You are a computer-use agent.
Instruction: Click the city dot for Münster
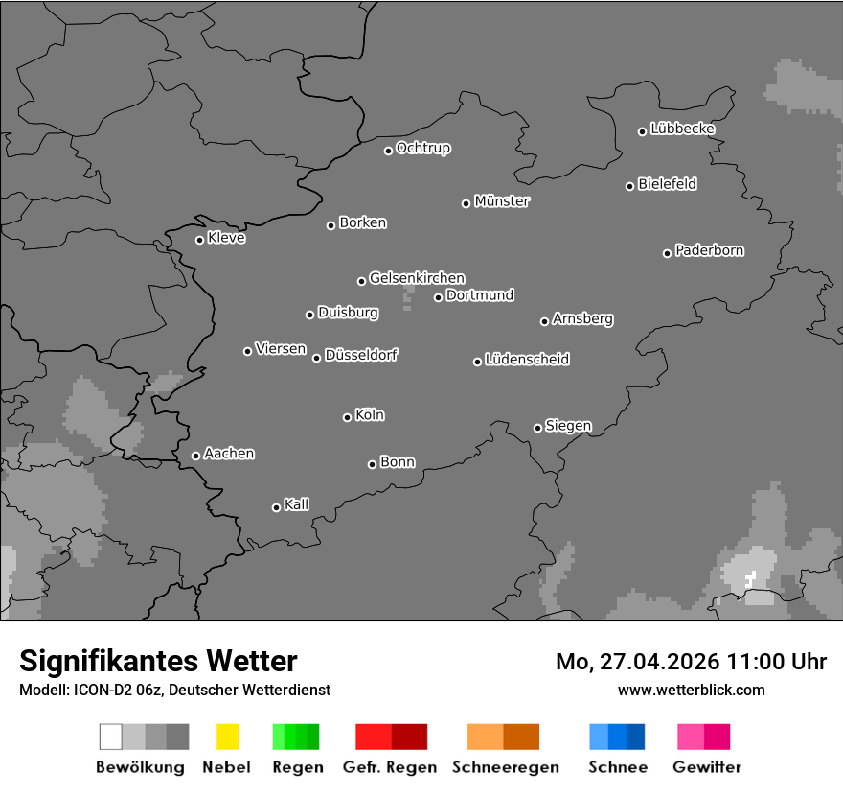[x=466, y=203]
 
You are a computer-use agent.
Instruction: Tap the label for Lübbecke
[x=682, y=129]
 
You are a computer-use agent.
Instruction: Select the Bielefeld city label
[x=667, y=184]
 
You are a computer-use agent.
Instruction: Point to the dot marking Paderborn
[x=667, y=253]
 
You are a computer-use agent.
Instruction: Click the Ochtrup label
[x=422, y=149]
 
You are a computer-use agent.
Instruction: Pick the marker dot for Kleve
[x=199, y=240]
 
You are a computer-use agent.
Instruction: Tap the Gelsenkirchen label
[x=417, y=278]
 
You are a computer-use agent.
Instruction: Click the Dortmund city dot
[x=438, y=297]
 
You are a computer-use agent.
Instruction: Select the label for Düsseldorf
[x=360, y=355]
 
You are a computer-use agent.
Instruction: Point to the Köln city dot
[x=347, y=417]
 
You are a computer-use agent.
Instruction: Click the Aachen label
[x=229, y=454]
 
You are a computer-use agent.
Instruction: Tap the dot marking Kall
[x=276, y=507]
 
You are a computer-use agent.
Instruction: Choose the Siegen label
[x=568, y=426]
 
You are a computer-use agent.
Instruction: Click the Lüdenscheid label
[x=527, y=360]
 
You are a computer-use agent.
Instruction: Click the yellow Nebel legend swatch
[x=227, y=737]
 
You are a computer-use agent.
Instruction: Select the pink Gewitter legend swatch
[x=703, y=737]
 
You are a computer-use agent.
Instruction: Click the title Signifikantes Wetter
[x=158, y=661]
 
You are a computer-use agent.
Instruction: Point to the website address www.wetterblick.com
[x=691, y=690]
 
